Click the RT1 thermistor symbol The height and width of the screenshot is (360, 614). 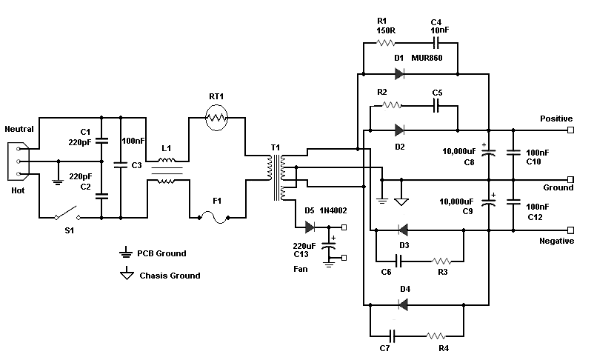tap(216, 117)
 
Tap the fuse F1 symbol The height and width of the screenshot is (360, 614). tap(214, 218)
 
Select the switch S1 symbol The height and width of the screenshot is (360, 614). tap(67, 214)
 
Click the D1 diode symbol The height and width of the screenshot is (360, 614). tap(399, 73)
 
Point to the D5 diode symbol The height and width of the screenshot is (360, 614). tap(310, 227)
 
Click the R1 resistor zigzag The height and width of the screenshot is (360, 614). tap(386, 42)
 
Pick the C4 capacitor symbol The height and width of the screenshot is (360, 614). tap(436, 42)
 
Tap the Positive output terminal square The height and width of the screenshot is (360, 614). tap(570, 130)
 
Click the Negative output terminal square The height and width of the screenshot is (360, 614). tap(570, 230)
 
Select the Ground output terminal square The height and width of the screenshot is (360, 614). tap(570, 180)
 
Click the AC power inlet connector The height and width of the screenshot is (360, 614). tap(18, 161)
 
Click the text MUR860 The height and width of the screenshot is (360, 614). tap(427, 58)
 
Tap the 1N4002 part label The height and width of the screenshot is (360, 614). tap(333, 211)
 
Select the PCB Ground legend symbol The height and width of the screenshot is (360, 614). tap(126, 253)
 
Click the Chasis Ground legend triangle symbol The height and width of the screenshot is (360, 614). tap(127, 273)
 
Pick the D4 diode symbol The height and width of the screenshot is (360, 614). tap(403, 304)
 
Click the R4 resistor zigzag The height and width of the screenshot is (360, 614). tap(436, 336)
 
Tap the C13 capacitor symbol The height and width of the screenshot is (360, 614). tap(329, 246)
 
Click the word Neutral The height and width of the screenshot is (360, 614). tap(19, 129)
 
